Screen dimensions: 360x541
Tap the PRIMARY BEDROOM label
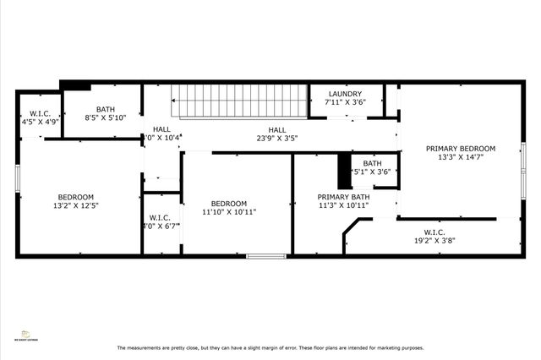pyautogui.click(x=460, y=148)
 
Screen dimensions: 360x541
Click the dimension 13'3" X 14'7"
pyautogui.click(x=460, y=157)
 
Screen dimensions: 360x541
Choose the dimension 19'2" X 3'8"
pyautogui.click(x=434, y=239)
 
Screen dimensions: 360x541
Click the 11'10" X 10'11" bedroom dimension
pyautogui.click(x=228, y=212)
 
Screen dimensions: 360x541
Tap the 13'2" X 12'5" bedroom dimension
pyautogui.click(x=76, y=205)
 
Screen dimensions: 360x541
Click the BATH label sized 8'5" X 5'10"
pyautogui.click(x=106, y=109)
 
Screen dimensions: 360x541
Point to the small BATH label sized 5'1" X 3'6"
pyautogui.click(x=372, y=163)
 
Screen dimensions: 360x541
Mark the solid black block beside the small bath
pyautogui.click(x=344, y=171)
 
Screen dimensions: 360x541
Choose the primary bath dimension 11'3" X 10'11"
pyautogui.click(x=343, y=205)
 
